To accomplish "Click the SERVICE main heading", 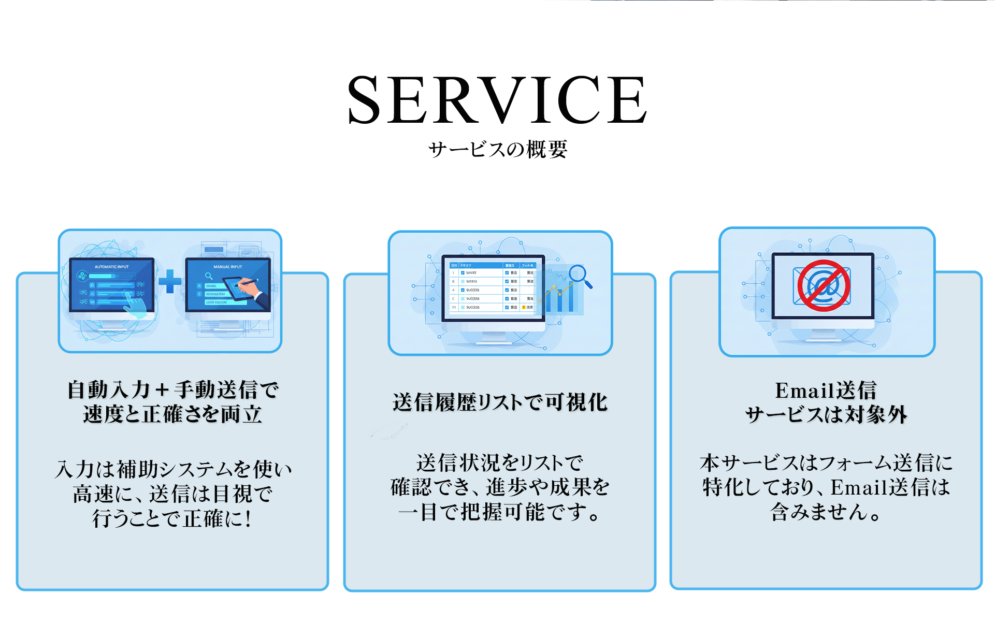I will (497, 100).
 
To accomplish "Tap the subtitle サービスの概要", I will (498, 150).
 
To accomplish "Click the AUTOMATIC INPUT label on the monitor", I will (111, 267).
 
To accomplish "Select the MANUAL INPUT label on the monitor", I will (228, 267).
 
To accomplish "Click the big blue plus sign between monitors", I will (170, 282).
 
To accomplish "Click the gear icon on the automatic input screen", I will (82, 276).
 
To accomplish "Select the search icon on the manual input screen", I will (209, 276).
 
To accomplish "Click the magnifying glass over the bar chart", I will (579, 275).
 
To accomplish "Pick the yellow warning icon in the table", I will (524, 308).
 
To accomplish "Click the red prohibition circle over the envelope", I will (823, 285).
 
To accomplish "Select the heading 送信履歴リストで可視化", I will (500, 402).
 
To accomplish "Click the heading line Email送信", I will (826, 390).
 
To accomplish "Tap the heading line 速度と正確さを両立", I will (172, 414).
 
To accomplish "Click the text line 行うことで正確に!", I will (172, 518).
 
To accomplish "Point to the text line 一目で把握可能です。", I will (500, 512).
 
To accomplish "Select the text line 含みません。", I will (826, 512).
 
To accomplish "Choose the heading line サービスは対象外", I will (826, 415).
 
